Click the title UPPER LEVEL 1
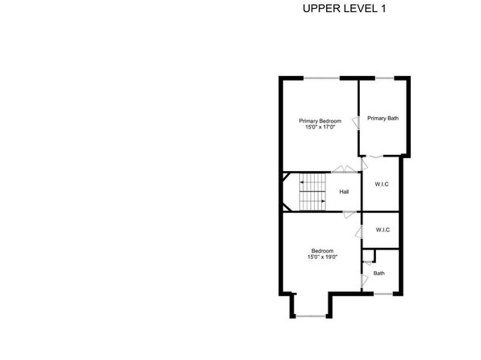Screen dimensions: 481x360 [344, 9]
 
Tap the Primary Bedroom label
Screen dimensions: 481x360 [320, 121]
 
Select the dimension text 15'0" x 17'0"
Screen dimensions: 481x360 [320, 127]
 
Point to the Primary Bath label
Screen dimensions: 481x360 [383, 118]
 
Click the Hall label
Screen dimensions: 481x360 [344, 192]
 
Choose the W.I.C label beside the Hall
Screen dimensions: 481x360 [382, 184]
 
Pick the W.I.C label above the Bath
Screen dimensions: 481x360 [383, 229]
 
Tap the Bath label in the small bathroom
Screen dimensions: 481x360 [379, 273]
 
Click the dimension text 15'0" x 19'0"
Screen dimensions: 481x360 [322, 257]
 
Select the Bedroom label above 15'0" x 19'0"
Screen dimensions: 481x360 [322, 251]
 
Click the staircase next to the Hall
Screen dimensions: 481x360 [312, 192]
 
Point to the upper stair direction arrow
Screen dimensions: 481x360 [302, 182]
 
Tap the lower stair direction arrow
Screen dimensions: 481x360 [323, 201]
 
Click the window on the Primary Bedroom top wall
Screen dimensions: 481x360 [321, 78]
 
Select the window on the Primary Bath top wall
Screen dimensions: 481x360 [384, 78]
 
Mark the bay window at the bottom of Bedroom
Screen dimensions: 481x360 [311, 316]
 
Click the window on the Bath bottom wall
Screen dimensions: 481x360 [383, 294]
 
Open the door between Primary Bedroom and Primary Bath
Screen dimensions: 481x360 [357, 123]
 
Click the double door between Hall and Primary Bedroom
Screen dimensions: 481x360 [344, 170]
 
